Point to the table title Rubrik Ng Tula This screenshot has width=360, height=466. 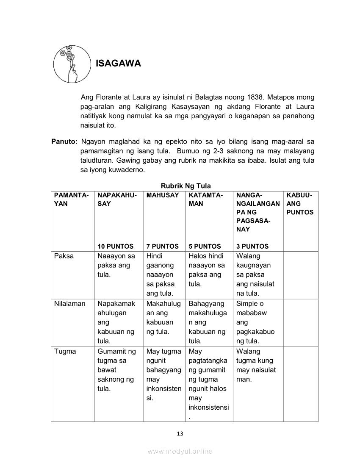[x=186, y=186]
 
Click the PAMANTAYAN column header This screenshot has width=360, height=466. [x=71, y=200]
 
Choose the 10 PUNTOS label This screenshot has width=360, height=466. [x=115, y=246]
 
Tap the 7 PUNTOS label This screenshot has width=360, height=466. [x=162, y=246]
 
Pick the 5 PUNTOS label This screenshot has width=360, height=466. [x=205, y=246]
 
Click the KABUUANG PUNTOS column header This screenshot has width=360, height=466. [x=300, y=204]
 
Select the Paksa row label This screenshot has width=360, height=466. [x=64, y=256]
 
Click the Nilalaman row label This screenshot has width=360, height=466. [x=69, y=303]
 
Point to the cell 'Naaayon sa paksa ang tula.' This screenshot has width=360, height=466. [x=116, y=266]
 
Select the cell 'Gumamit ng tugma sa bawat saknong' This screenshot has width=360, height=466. [x=116, y=370]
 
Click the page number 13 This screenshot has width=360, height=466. [x=180, y=433]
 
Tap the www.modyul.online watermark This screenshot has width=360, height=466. [x=180, y=452]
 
